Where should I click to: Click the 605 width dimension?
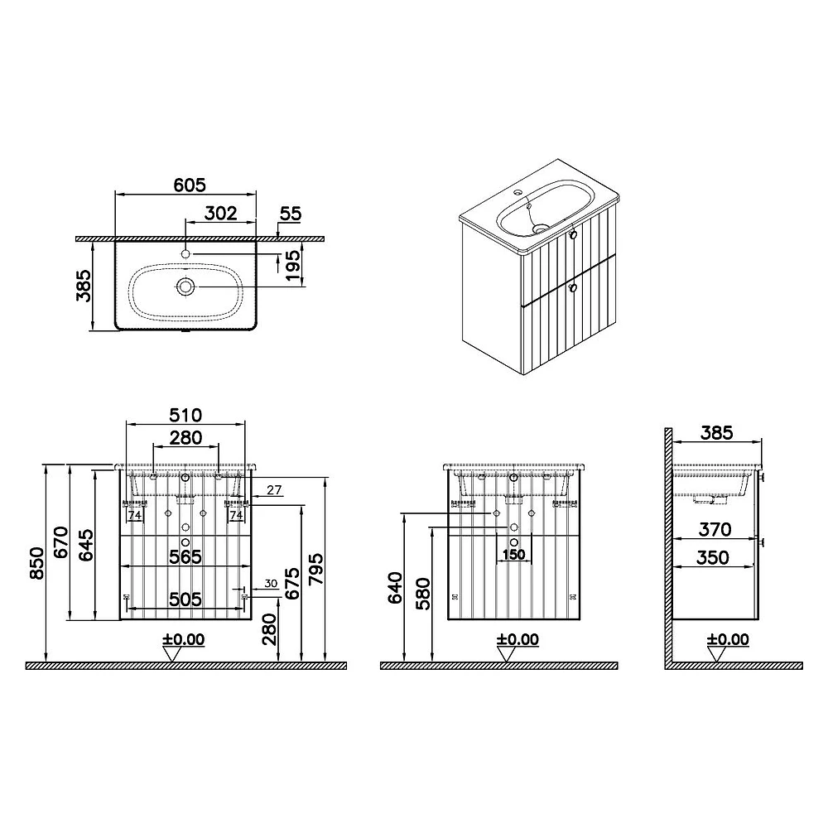coord(190,185)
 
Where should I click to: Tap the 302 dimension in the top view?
coord(221,214)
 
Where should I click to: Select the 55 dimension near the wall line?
coord(291,214)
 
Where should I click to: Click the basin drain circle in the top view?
coord(185,286)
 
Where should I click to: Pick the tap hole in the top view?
coord(185,254)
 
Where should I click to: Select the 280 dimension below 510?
coord(185,438)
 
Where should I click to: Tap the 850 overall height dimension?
coord(37,563)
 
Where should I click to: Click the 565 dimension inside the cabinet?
coord(185,556)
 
